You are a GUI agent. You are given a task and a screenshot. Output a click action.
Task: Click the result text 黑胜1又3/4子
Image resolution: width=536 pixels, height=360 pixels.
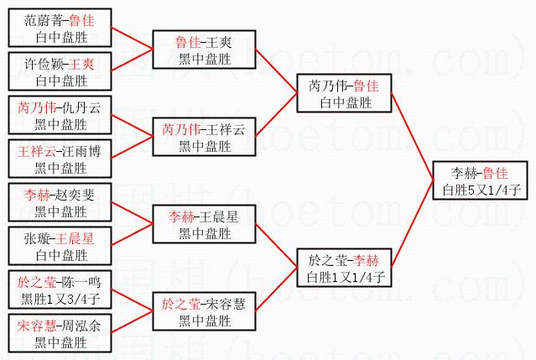point(62,300)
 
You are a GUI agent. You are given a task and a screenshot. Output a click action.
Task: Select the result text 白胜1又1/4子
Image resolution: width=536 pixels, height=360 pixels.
point(346,276)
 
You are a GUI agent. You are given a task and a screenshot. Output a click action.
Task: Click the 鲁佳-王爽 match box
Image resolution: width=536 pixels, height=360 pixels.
point(204,49)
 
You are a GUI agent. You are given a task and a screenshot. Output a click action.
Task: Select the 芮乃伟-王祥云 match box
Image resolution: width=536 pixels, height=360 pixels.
point(204,137)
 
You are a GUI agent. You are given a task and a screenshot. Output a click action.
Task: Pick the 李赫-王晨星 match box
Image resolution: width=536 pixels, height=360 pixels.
point(204,225)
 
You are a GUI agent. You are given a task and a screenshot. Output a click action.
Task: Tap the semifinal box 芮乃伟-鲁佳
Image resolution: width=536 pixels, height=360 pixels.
point(345,93)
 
